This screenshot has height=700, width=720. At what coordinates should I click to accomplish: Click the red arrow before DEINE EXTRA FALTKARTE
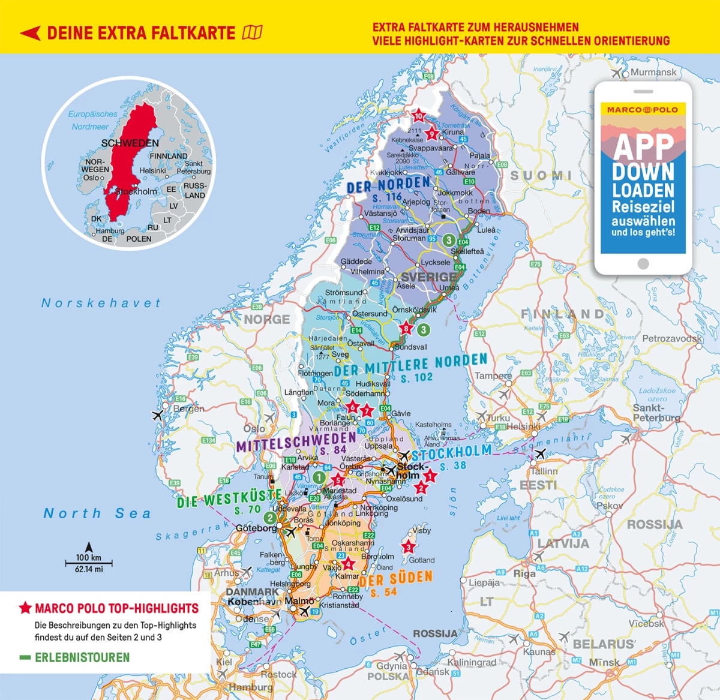click(30, 33)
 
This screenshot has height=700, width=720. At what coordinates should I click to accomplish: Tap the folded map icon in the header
click(252, 32)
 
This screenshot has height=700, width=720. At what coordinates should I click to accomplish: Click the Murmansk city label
click(653, 72)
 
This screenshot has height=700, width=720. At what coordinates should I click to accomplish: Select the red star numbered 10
click(418, 116)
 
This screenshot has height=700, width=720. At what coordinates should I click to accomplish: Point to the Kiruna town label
click(453, 132)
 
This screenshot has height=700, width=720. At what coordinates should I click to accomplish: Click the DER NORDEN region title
click(388, 184)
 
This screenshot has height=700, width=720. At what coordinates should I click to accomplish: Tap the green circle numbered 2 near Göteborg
click(271, 518)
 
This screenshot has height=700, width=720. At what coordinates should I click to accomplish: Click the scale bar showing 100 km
click(89, 563)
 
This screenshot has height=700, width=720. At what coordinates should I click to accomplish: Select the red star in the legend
click(25, 608)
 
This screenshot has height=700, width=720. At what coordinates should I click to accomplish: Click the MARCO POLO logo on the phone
click(643, 110)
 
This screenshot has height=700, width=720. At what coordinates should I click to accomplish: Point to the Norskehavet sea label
click(101, 304)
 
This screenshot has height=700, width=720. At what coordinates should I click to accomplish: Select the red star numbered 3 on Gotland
click(409, 547)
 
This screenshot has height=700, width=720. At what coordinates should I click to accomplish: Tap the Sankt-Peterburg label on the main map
click(656, 413)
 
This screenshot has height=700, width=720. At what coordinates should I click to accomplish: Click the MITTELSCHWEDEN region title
click(296, 443)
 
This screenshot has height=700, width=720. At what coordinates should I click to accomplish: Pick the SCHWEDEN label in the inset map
click(130, 143)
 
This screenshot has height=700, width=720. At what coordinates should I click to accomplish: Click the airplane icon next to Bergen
click(158, 414)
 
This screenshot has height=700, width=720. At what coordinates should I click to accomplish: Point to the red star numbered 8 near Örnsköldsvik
click(407, 328)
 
